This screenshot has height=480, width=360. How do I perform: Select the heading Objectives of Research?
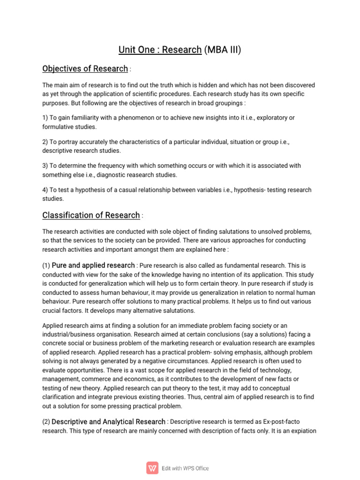85,69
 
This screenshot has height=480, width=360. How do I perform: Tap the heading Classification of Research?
91,215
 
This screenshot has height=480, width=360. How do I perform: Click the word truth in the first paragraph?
178,85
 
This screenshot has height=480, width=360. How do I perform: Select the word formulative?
59,127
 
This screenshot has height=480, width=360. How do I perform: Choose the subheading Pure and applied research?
93,265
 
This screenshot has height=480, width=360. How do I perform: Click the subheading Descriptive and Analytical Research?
108,421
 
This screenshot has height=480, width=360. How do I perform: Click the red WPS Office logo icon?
152,468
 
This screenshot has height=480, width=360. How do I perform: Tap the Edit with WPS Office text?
186,468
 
